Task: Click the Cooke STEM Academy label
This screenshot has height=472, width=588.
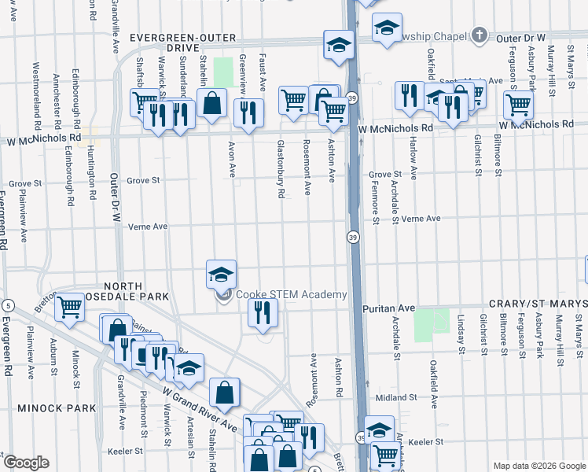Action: coord(291,295)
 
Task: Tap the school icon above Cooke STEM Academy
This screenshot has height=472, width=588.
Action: coord(222,275)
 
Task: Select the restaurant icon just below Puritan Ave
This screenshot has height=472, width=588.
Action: coord(263,313)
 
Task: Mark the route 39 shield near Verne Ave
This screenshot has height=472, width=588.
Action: coord(354,237)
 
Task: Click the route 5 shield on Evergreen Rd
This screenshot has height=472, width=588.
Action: coord(7,305)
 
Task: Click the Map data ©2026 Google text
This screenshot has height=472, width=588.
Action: coord(538,466)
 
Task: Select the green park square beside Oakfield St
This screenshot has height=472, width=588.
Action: coord(425,325)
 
